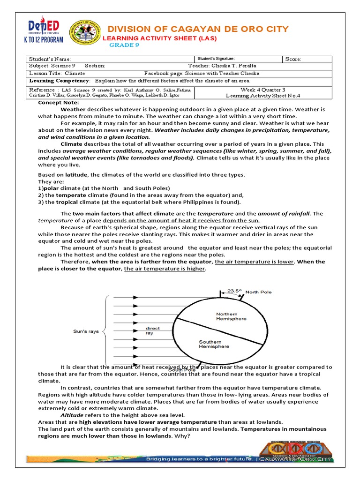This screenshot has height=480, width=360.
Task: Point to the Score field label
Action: (293, 59)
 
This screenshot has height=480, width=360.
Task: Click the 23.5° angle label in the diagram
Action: (234, 291)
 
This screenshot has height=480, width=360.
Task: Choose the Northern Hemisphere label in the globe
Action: (231, 316)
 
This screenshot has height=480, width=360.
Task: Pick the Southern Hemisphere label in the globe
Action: (214, 344)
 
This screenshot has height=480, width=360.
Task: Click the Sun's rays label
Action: (86, 331)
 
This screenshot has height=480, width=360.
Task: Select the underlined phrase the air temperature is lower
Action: (254, 262)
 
